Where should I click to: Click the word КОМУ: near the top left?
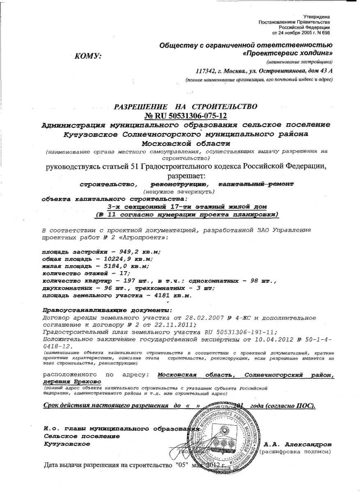pos(87,56)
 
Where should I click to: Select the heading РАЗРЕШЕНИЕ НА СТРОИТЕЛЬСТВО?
pos(186,107)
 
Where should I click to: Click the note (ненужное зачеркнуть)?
pos(179,192)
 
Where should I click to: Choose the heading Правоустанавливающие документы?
pos(108,310)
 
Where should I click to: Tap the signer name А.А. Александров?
pos(298,445)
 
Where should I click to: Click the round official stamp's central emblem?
pos(224,433)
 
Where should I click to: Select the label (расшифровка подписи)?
pos(295,452)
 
